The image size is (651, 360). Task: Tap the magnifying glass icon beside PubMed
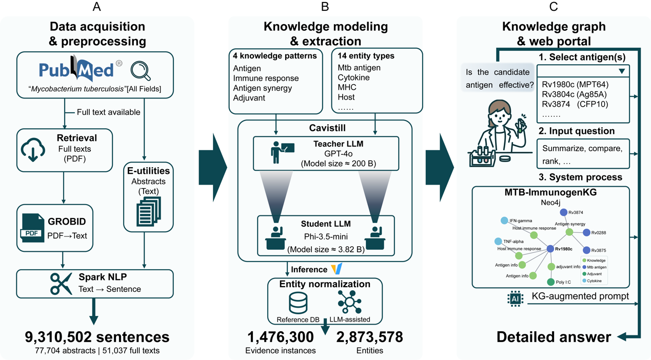(x=140, y=71)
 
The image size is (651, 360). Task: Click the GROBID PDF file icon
(x=32, y=229)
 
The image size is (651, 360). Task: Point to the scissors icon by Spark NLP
(x=61, y=284)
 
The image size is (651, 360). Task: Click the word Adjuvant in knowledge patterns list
(x=249, y=98)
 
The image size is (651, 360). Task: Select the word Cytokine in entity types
(x=353, y=78)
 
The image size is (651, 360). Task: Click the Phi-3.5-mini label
(x=326, y=237)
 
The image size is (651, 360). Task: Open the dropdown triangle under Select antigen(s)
(x=622, y=71)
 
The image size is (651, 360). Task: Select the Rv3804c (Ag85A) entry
(x=575, y=94)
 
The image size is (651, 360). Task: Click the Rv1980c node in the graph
(x=550, y=249)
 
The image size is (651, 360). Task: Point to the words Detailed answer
(x=554, y=337)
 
